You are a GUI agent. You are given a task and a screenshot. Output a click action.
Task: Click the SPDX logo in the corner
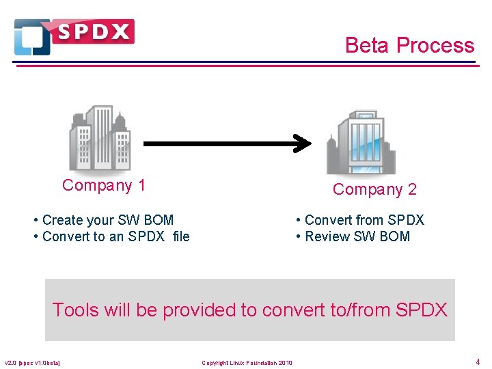[74, 36]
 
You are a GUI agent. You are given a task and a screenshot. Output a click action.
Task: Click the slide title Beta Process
[409, 45]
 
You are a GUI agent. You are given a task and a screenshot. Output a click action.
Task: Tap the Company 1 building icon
[100, 138]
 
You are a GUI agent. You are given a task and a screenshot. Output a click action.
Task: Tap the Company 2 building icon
[361, 142]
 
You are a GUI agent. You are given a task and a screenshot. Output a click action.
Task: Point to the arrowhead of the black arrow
[303, 143]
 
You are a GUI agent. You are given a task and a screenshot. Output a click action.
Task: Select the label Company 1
[104, 185]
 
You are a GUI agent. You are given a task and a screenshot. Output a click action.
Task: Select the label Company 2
[374, 189]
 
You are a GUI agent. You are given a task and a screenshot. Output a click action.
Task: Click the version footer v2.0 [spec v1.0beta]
[32, 362]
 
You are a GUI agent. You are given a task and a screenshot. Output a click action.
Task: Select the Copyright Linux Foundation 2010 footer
[247, 362]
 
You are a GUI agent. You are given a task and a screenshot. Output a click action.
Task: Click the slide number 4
[477, 361]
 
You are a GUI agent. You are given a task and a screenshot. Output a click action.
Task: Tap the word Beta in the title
[368, 45]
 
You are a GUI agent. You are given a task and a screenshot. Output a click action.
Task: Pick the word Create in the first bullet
[61, 220]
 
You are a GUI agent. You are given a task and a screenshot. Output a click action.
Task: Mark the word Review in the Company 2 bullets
[327, 236]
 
